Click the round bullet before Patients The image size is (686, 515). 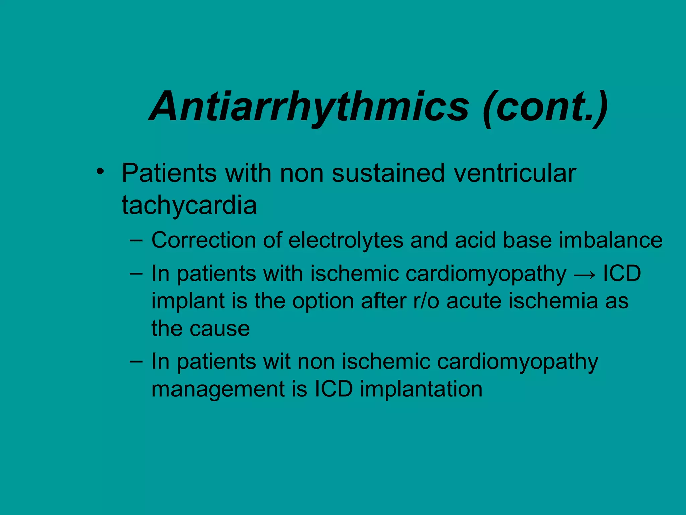click(99, 171)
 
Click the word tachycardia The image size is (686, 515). click(189, 205)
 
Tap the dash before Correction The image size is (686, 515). click(136, 240)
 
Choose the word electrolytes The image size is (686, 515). click(346, 241)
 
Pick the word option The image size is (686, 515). click(323, 301)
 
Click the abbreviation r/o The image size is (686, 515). click(426, 301)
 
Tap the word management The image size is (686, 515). click(218, 390)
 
